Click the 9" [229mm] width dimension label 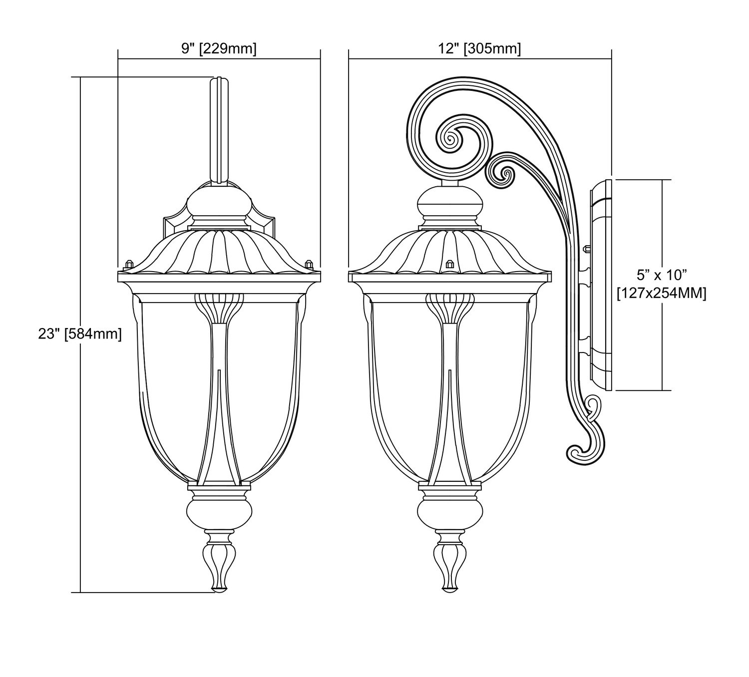coord(219,49)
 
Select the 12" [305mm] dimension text coord(480,49)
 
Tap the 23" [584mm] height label coord(80,334)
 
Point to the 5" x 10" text coord(662,276)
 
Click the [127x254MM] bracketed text coord(662,294)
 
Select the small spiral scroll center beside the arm coord(507,174)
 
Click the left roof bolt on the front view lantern coord(129,264)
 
